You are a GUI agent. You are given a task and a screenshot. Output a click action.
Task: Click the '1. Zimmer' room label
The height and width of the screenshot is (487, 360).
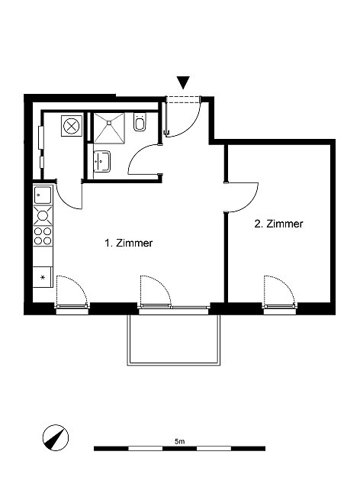pyautogui.click(x=128, y=243)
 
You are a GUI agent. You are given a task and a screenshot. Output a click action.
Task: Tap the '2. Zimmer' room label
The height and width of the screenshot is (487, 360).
pyautogui.click(x=278, y=224)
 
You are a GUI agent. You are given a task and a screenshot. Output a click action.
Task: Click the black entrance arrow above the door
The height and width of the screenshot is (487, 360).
pyautogui.click(x=183, y=82)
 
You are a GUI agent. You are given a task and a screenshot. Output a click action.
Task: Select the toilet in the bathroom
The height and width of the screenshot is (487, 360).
pyautogui.click(x=140, y=122)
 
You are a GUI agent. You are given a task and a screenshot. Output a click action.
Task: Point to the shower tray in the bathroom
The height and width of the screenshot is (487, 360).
pyautogui.click(x=109, y=128)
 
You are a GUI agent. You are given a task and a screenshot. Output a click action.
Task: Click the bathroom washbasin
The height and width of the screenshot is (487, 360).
pyautogui.click(x=101, y=161)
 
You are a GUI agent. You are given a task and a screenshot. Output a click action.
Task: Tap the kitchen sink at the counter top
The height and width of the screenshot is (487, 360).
pyautogui.click(x=43, y=195)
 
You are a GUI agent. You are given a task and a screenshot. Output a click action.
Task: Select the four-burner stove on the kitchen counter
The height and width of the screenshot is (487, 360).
pyautogui.click(x=43, y=236)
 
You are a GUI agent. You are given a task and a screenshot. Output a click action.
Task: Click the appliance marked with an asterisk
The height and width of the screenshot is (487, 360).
pyautogui.click(x=43, y=277)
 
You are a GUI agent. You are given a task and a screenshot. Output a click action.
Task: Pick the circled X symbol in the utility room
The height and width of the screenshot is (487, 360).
pyautogui.click(x=72, y=126)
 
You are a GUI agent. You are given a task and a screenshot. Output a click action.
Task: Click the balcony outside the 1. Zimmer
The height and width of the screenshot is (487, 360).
pyautogui.click(x=173, y=340)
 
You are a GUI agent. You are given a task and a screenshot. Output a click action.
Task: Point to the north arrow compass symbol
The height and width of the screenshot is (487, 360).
pyautogui.click(x=55, y=437)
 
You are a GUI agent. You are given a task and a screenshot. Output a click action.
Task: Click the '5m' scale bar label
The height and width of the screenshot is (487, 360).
pyautogui.click(x=180, y=441)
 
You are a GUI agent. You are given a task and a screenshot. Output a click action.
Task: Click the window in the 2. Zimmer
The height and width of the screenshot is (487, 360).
pyautogui.click(x=279, y=307)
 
